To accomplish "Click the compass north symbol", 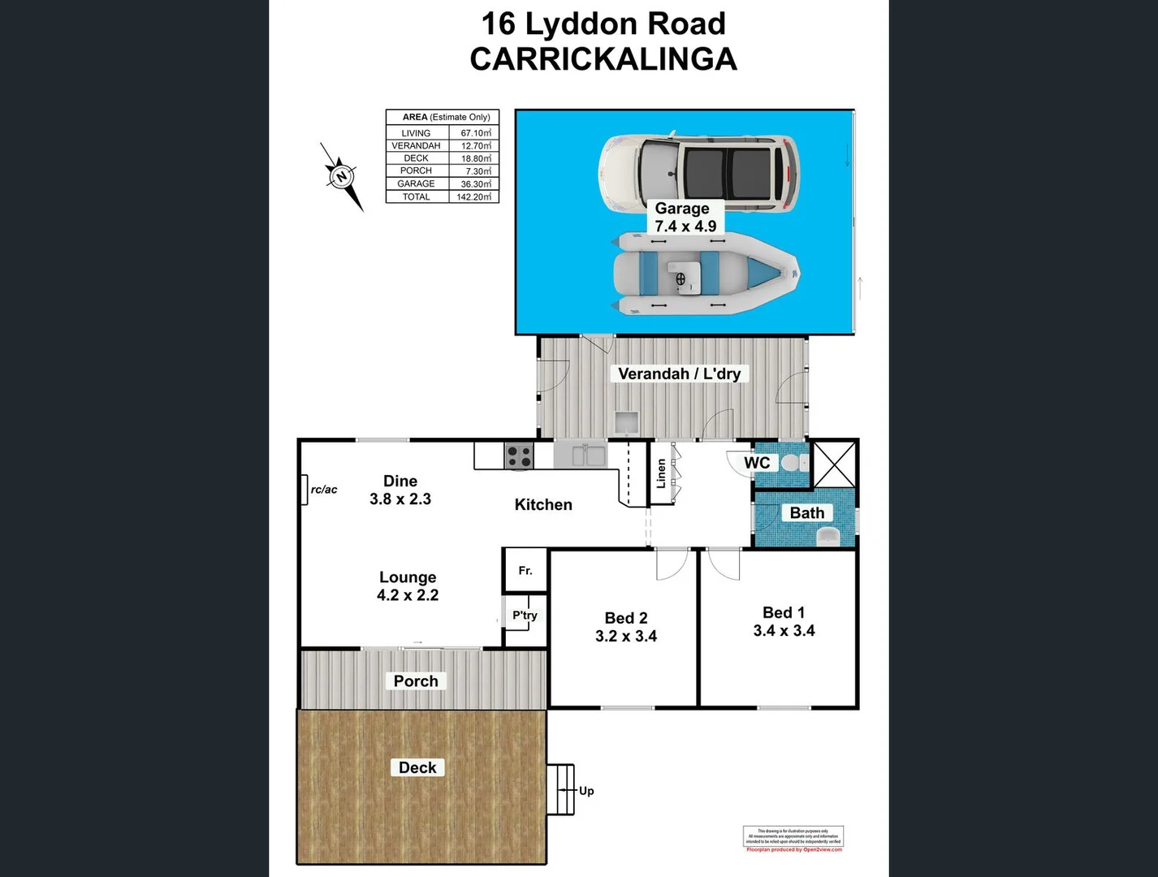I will [342, 176].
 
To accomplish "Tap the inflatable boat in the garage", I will [705, 274].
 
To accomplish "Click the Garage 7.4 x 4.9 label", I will [685, 218].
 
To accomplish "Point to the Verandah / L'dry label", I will [679, 374].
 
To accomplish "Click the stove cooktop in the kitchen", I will [519, 456].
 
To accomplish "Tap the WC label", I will [757, 463].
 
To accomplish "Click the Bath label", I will [806, 512].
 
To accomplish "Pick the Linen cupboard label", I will [661, 473].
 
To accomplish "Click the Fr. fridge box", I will [525, 570].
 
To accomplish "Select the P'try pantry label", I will [525, 616].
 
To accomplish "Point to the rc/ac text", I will [324, 490].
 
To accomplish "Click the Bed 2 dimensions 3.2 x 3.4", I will [625, 637].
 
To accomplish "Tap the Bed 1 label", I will [783, 612].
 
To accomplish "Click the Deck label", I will [417, 767].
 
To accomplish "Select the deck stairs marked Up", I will [560, 789].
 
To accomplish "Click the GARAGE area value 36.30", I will [475, 184].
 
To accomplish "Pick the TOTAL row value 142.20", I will [473, 197].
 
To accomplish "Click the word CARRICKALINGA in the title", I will [603, 59].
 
